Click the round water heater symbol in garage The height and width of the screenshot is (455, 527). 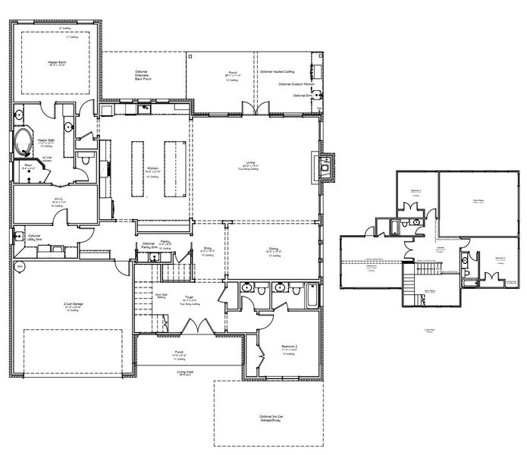(20, 265)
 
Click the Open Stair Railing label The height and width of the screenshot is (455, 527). (161, 297)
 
